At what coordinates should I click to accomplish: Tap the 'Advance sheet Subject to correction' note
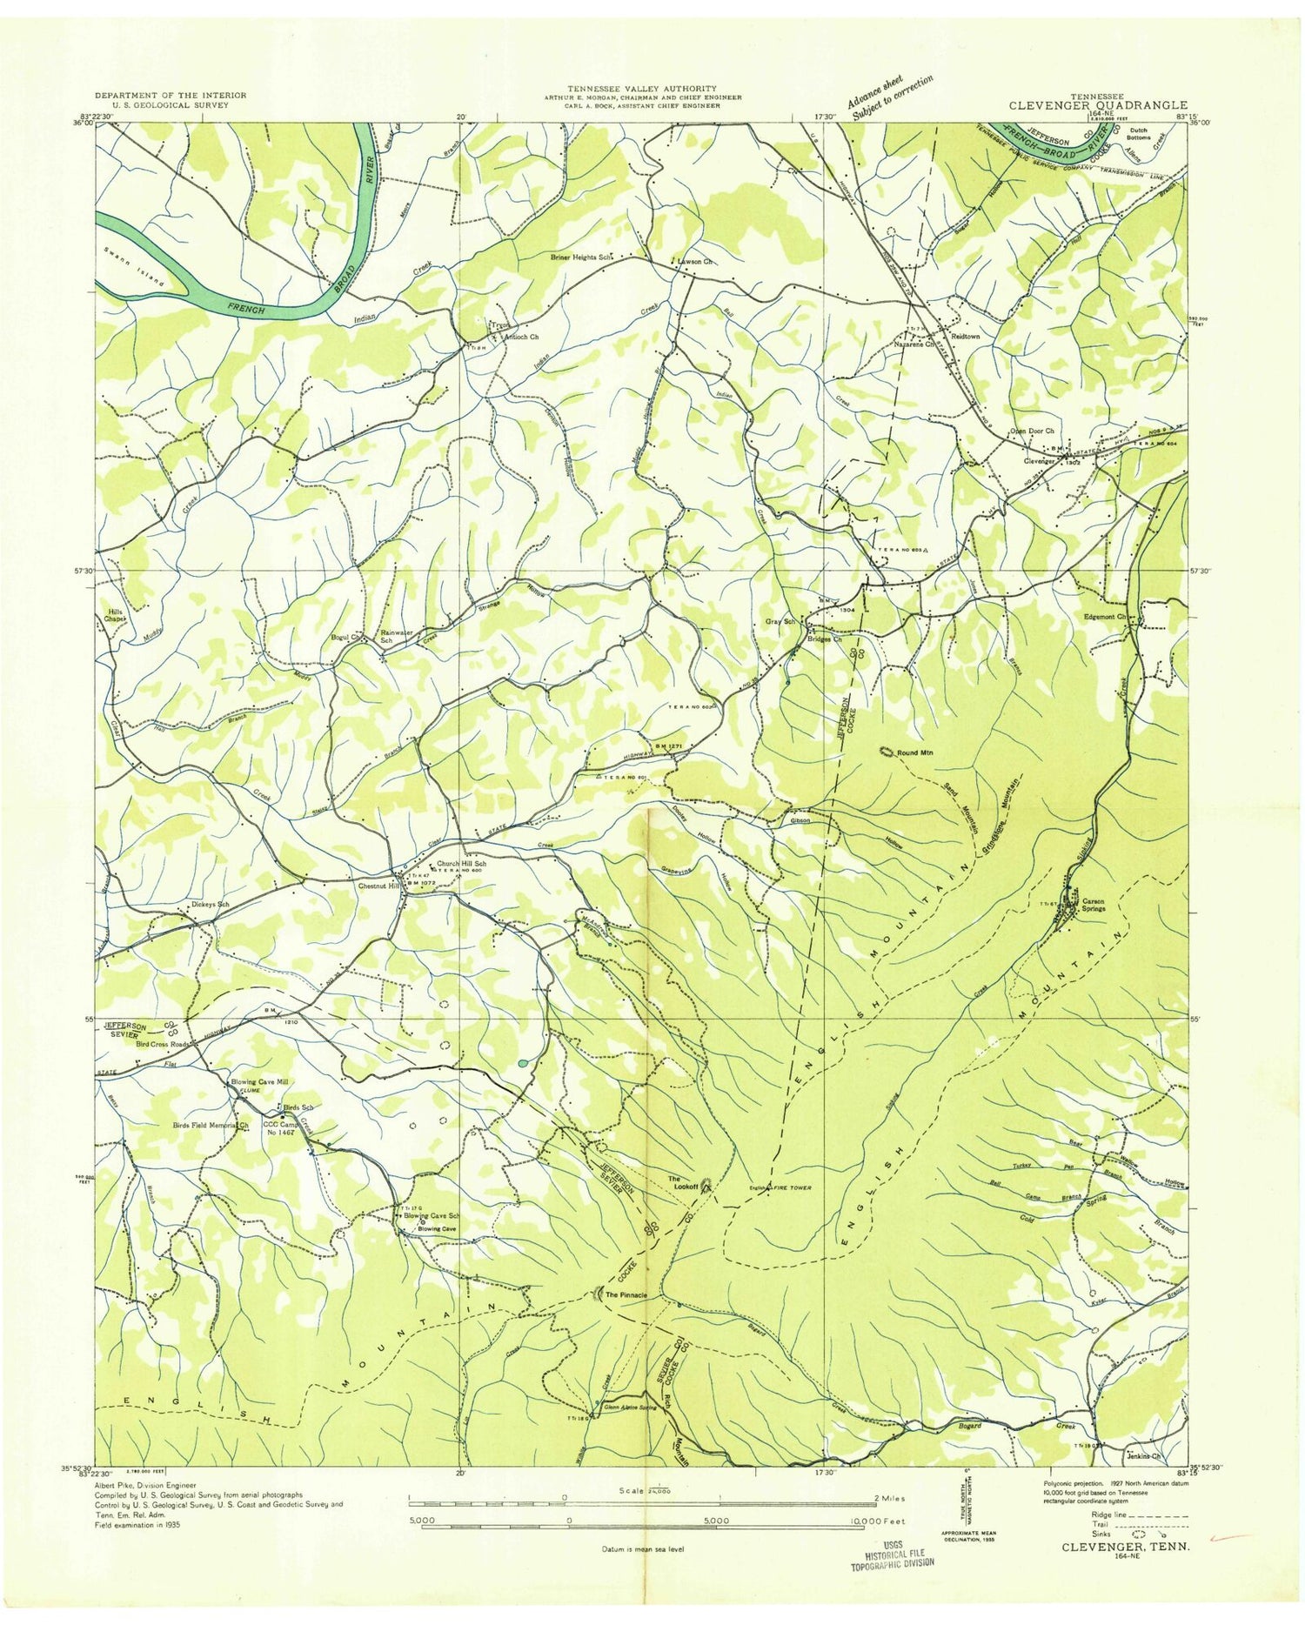888,97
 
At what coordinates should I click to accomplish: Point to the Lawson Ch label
696,261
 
